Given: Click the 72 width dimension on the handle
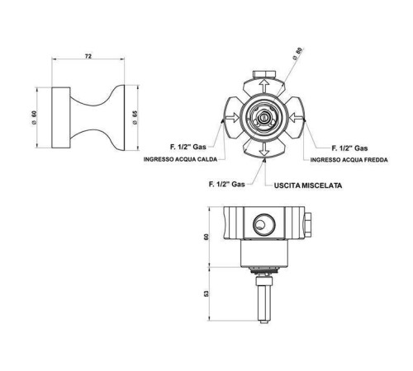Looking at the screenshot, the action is pos(88,56).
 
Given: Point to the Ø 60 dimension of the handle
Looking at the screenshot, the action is pos(34,118).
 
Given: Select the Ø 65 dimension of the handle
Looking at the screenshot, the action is pos(135,118).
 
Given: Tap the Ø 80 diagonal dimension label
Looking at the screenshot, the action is pos(297,54).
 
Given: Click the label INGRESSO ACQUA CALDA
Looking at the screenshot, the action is pos(180,159).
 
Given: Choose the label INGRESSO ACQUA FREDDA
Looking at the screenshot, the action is pos(349,160).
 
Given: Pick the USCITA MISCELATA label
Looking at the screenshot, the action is pos(308,185).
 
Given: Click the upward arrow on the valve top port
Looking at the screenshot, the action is pos(264,86).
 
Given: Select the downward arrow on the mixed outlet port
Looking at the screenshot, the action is pos(264,149).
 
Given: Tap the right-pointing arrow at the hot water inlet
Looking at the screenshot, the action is pos(232,118).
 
